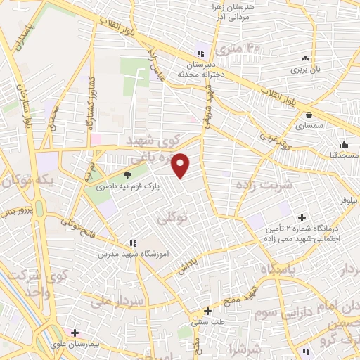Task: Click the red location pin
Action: pyautogui.click(x=181, y=165)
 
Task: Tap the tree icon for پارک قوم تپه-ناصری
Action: pyautogui.click(x=127, y=176)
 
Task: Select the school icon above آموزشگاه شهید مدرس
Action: pyautogui.click(x=131, y=243)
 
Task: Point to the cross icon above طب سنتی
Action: pyautogui.click(x=207, y=311)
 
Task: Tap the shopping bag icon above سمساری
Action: pyautogui.click(x=309, y=115)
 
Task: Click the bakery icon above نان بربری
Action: pyautogui.click(x=304, y=59)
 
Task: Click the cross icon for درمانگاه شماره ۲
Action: pyautogui.click(x=302, y=218)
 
